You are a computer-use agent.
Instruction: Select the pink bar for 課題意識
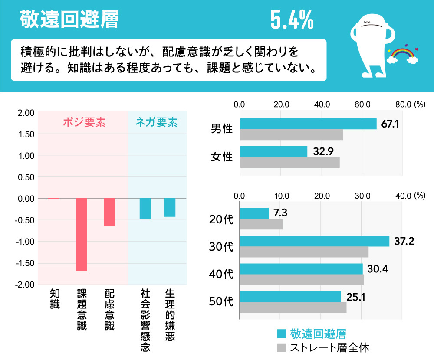point(82,234)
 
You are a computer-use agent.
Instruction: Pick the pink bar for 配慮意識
point(109,212)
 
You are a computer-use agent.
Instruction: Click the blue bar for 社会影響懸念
point(145,209)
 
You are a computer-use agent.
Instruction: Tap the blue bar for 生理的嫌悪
point(170,207)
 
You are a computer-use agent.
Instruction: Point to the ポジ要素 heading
point(84,123)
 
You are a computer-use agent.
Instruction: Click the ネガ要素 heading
point(156,123)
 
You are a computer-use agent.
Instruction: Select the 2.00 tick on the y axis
point(26,113)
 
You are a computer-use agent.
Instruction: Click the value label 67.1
point(390,124)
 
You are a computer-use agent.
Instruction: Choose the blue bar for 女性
point(273,151)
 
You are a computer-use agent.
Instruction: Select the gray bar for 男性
point(291,135)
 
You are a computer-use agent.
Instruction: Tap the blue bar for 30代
point(314,241)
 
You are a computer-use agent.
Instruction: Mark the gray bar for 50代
point(293,308)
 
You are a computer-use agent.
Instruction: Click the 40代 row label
point(221,275)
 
